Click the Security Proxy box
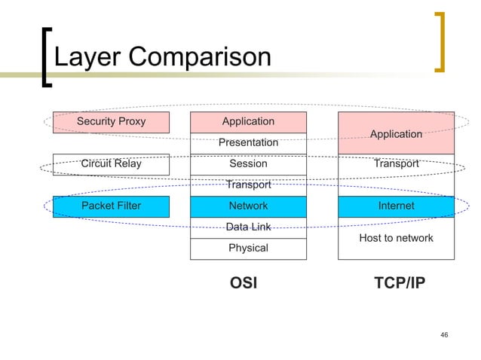(111, 121)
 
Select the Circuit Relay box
(111, 163)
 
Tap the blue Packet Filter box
(111, 206)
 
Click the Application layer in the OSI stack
(248, 121)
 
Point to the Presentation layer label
(248, 142)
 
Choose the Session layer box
(248, 163)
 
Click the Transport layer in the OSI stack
(248, 185)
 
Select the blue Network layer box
(248, 206)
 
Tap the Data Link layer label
(248, 227)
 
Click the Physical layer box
(248, 248)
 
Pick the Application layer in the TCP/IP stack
(396, 133)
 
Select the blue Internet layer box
(396, 206)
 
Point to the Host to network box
(396, 238)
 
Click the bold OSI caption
(243, 283)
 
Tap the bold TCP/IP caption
(400, 283)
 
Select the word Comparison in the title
(197, 58)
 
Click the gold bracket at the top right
(440, 42)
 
